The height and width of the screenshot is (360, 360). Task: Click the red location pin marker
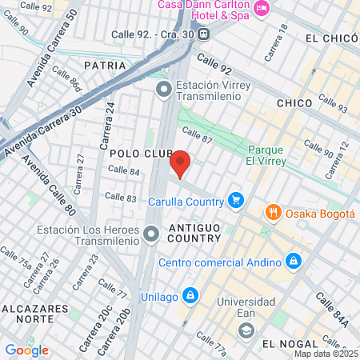pos(181,163)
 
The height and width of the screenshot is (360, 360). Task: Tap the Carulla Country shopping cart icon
pos(235,200)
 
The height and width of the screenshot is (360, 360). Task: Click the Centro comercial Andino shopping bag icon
pos(294,262)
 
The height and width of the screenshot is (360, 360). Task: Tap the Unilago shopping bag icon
pos(190,296)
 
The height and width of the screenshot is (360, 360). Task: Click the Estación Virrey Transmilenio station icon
pos(164,88)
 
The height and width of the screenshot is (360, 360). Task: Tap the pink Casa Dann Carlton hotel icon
pos(260,9)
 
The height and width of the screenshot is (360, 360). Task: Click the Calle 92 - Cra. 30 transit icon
pos(204,34)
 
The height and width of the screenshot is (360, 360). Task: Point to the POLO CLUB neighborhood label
pos(138,152)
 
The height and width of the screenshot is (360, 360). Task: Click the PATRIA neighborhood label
pos(105,65)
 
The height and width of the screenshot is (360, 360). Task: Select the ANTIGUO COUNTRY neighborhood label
pos(193,233)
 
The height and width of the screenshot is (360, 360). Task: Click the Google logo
pos(27,350)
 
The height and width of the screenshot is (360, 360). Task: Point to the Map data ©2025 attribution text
pos(326,354)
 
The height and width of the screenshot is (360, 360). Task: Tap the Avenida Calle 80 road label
pos(49,186)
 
